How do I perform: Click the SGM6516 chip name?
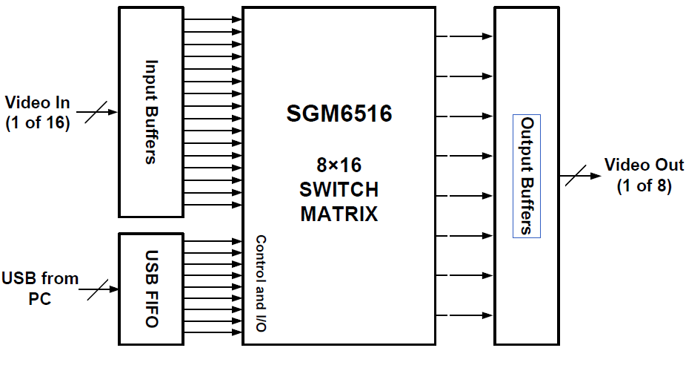click(339, 115)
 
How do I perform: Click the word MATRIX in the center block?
click(339, 214)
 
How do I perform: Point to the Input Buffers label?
click(151, 111)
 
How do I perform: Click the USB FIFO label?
click(151, 289)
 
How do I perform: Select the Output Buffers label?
click(527, 176)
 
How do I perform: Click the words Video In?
click(37, 101)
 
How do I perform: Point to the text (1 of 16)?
click(37, 123)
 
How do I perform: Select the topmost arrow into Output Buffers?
click(464, 36)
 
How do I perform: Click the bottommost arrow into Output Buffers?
click(464, 316)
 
